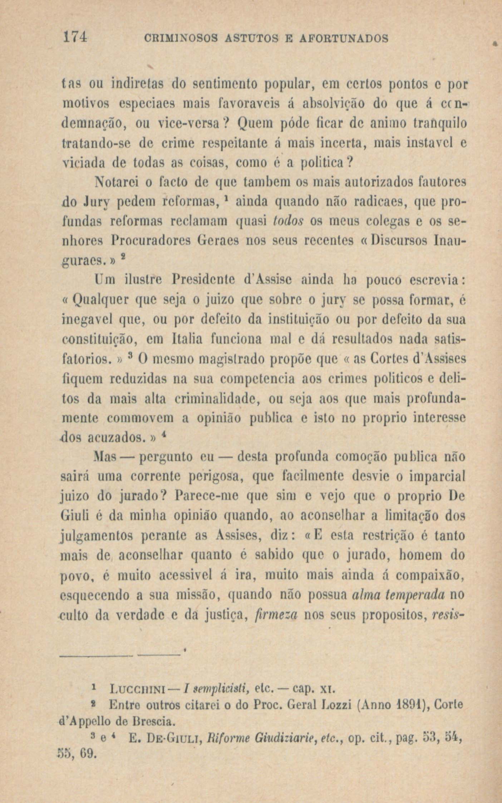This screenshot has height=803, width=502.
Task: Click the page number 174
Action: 75,37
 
